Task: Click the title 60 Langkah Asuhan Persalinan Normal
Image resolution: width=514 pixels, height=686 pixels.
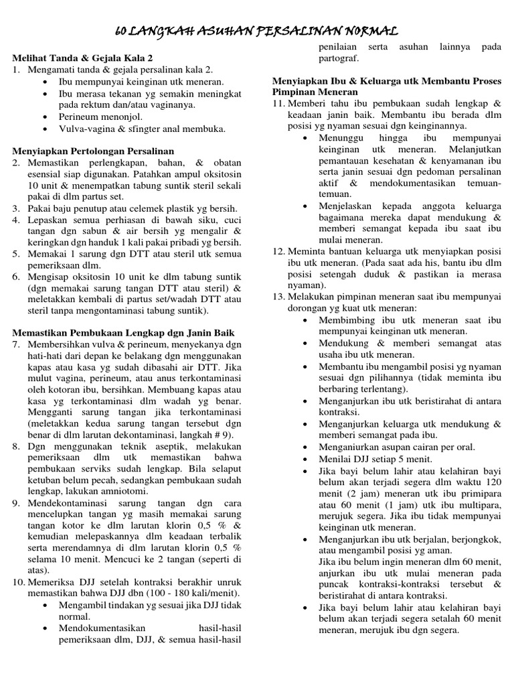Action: coord(257,31)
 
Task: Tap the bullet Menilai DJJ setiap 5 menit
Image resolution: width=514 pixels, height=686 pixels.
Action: coord(366,459)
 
